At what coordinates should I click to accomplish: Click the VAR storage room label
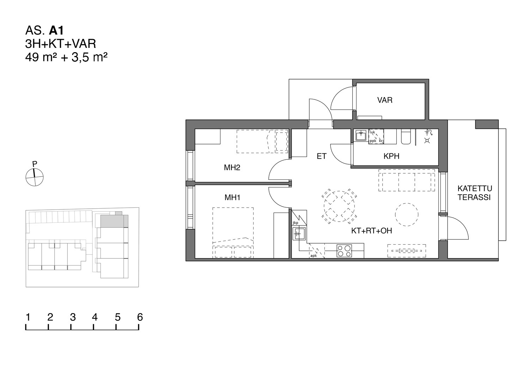pyautogui.click(x=385, y=100)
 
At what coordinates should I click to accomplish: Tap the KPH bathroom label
pyautogui.click(x=391, y=156)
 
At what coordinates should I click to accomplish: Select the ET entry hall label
pyautogui.click(x=321, y=156)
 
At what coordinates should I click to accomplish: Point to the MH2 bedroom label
pyautogui.click(x=232, y=168)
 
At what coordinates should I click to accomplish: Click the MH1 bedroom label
pyautogui.click(x=232, y=197)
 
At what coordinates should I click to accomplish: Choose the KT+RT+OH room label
pyautogui.click(x=371, y=231)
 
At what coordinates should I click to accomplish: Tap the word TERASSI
pyautogui.click(x=474, y=197)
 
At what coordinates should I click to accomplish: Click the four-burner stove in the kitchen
pyautogui.click(x=344, y=251)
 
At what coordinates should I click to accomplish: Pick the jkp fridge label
pyautogui.click(x=295, y=223)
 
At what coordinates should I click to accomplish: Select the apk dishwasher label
pyautogui.click(x=314, y=256)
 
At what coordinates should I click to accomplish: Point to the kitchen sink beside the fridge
pyautogui.click(x=299, y=234)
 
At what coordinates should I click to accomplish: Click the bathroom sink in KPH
pyautogui.click(x=361, y=135)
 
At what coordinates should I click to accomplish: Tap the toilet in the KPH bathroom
pyautogui.click(x=406, y=137)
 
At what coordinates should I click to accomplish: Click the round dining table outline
pyautogui.click(x=339, y=206)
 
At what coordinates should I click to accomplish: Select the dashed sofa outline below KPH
pyautogui.click(x=406, y=180)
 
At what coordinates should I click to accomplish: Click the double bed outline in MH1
pyautogui.click(x=233, y=233)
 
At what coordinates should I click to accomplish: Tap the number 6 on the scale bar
pyautogui.click(x=140, y=317)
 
